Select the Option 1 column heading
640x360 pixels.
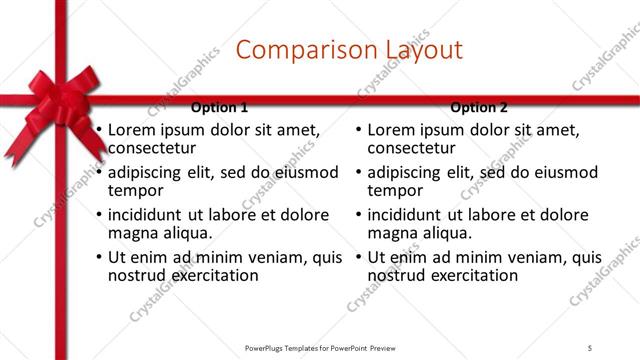(218, 107)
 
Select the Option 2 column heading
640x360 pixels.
(479, 107)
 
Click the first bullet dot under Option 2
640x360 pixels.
(358, 131)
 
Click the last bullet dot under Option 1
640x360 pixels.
(98, 258)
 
